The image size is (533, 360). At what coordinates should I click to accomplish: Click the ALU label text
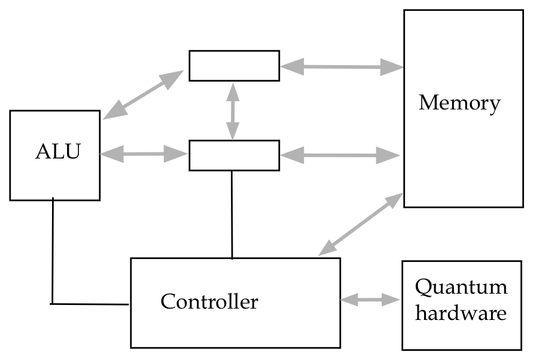tap(57, 152)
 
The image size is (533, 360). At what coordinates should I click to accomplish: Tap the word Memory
tap(459, 103)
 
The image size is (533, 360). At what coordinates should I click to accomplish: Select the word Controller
tap(209, 301)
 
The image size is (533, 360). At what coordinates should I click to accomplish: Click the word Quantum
tap(461, 288)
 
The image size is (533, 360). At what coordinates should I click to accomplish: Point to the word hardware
tap(461, 313)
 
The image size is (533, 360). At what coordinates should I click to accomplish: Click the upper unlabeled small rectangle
tap(234, 66)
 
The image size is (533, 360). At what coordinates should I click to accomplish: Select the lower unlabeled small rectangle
tap(234, 155)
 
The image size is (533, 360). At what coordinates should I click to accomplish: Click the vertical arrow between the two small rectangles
tap(233, 111)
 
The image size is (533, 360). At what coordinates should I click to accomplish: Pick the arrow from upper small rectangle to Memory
tap(342, 67)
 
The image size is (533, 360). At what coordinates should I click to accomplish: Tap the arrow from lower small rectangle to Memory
tap(340, 155)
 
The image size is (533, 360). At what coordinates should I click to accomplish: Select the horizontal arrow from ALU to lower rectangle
tap(144, 154)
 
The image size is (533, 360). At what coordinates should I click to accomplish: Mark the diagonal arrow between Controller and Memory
tap(360, 224)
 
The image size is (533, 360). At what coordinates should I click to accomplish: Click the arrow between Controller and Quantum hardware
tap(370, 299)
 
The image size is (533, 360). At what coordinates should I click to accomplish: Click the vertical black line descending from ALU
tap(53, 251)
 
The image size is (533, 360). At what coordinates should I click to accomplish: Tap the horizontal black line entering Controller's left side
tap(90, 304)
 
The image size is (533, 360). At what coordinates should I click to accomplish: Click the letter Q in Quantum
tap(424, 288)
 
